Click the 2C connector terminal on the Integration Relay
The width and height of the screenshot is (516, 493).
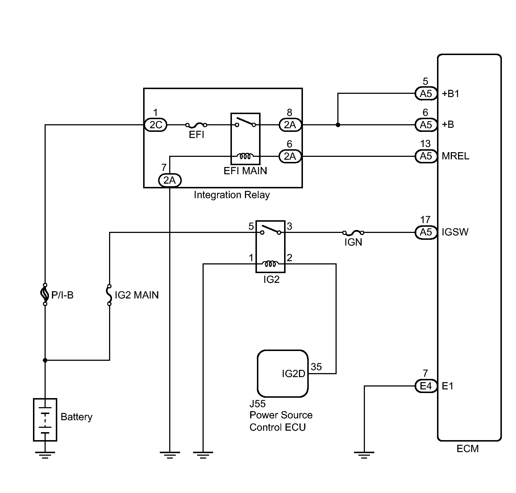(x=155, y=125)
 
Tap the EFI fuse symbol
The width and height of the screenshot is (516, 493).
(x=196, y=125)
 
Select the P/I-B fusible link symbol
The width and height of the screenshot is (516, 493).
(x=45, y=294)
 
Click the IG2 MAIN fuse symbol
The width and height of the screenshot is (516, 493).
(x=109, y=294)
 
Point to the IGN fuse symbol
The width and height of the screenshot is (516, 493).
(x=353, y=233)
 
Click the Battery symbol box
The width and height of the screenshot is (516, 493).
(x=45, y=419)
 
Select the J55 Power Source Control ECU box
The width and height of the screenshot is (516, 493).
(x=283, y=373)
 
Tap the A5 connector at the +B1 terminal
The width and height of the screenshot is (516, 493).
(x=426, y=94)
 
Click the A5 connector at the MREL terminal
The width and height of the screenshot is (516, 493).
(x=426, y=156)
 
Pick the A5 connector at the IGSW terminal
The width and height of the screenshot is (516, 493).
(x=426, y=232)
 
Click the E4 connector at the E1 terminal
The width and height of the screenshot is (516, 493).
(x=426, y=386)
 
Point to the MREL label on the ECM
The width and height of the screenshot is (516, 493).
(x=455, y=156)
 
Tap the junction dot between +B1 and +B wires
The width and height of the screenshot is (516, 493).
(x=338, y=125)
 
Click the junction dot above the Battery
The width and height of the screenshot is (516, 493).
(x=45, y=360)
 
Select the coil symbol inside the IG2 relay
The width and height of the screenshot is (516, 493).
(x=270, y=264)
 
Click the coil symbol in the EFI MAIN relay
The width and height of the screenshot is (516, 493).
(x=245, y=156)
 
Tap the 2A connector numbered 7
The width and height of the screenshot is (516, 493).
(x=170, y=180)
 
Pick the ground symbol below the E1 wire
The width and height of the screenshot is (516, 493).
(x=364, y=454)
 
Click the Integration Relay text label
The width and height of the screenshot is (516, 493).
(x=232, y=195)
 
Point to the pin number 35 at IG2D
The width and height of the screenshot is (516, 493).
(x=316, y=367)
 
